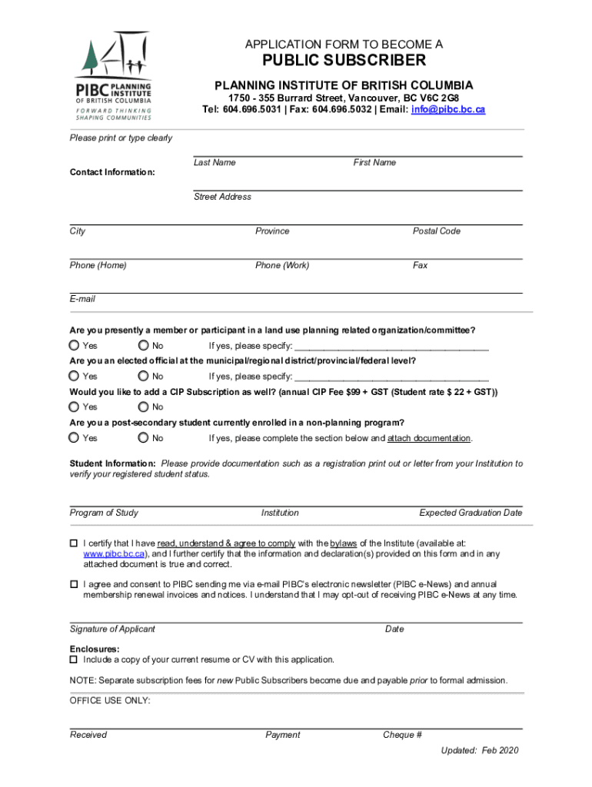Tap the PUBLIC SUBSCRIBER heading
344,61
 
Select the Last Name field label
215,163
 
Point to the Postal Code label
436,231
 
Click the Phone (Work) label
282,266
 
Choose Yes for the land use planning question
74,345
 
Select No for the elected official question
143,376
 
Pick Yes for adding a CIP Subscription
74,407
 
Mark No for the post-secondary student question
143,437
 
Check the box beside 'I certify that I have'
74,543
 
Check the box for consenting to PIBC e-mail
74,584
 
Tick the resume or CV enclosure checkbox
74,659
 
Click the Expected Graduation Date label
471,513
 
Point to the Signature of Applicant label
112,629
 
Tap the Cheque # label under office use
402,735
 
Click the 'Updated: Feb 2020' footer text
480,750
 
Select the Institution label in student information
280,513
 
